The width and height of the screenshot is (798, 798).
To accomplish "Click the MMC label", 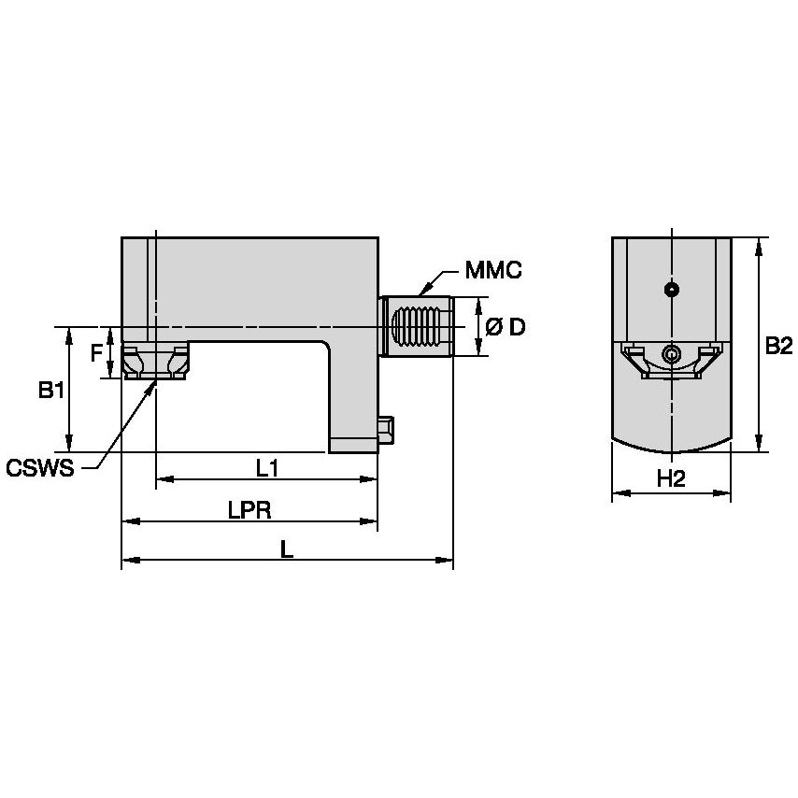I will click(492, 272).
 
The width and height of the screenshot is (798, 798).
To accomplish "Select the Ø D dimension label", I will click(506, 327).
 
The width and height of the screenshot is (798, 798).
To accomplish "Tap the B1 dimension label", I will click(51, 392).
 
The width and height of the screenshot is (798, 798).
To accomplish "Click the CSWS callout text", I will click(39, 467).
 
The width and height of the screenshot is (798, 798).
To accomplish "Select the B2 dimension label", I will click(778, 347).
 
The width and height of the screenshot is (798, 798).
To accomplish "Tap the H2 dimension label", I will click(671, 479).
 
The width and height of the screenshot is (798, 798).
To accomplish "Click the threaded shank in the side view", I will click(418, 327).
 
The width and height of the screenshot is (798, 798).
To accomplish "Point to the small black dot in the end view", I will click(670, 290).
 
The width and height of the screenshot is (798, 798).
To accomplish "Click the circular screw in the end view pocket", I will click(670, 354).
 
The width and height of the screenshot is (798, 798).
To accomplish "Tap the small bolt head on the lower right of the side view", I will click(386, 429).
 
